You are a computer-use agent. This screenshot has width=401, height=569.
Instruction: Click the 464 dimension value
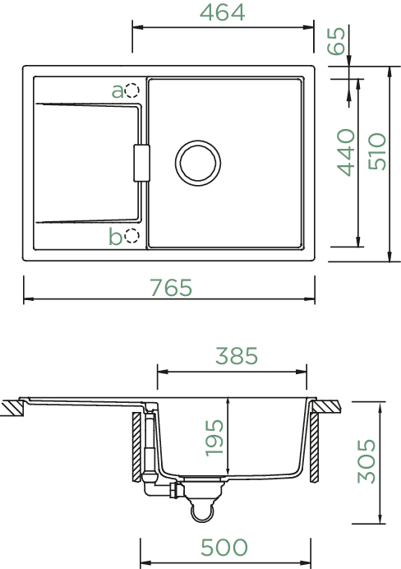click(x=222, y=12)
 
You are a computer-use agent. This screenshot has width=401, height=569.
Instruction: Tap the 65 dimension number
click(x=336, y=41)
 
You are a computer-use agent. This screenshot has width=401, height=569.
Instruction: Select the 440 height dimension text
click(x=346, y=152)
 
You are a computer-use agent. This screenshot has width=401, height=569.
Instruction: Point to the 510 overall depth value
click(x=377, y=151)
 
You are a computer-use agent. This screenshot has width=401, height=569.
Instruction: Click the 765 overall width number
click(x=171, y=288)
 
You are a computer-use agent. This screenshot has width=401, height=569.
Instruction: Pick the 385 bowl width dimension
click(x=237, y=355)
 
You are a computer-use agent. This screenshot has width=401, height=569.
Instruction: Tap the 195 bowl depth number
click(x=214, y=438)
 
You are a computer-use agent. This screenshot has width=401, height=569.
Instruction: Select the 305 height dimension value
click(x=366, y=461)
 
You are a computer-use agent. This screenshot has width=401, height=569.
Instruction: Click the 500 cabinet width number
click(x=224, y=547)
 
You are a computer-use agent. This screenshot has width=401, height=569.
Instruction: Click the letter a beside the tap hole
click(x=118, y=91)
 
